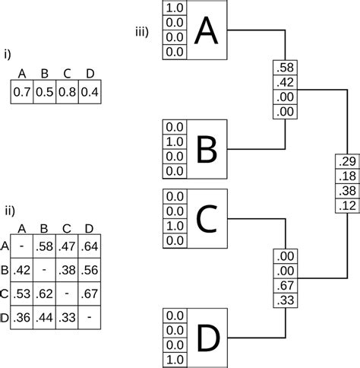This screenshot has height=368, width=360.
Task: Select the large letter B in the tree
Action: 206,150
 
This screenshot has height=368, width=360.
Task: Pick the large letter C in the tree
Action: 206,219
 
